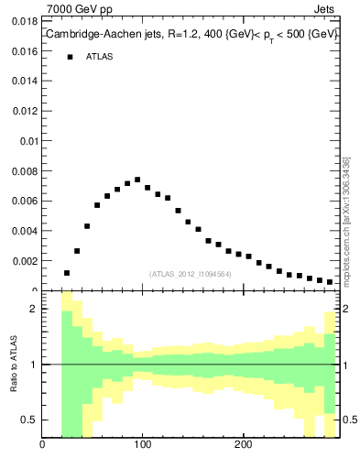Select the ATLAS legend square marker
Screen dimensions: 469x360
pyautogui.click(x=70, y=57)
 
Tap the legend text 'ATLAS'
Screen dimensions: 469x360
pyautogui.click(x=99, y=57)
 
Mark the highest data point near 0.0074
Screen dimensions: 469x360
pyautogui.click(x=137, y=180)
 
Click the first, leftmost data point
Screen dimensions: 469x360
pyautogui.click(x=67, y=273)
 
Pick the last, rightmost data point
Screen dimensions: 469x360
pyautogui.click(x=330, y=282)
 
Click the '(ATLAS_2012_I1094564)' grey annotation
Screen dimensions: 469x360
pyautogui.click(x=190, y=273)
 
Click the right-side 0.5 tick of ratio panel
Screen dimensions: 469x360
pyautogui.click(x=349, y=420)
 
